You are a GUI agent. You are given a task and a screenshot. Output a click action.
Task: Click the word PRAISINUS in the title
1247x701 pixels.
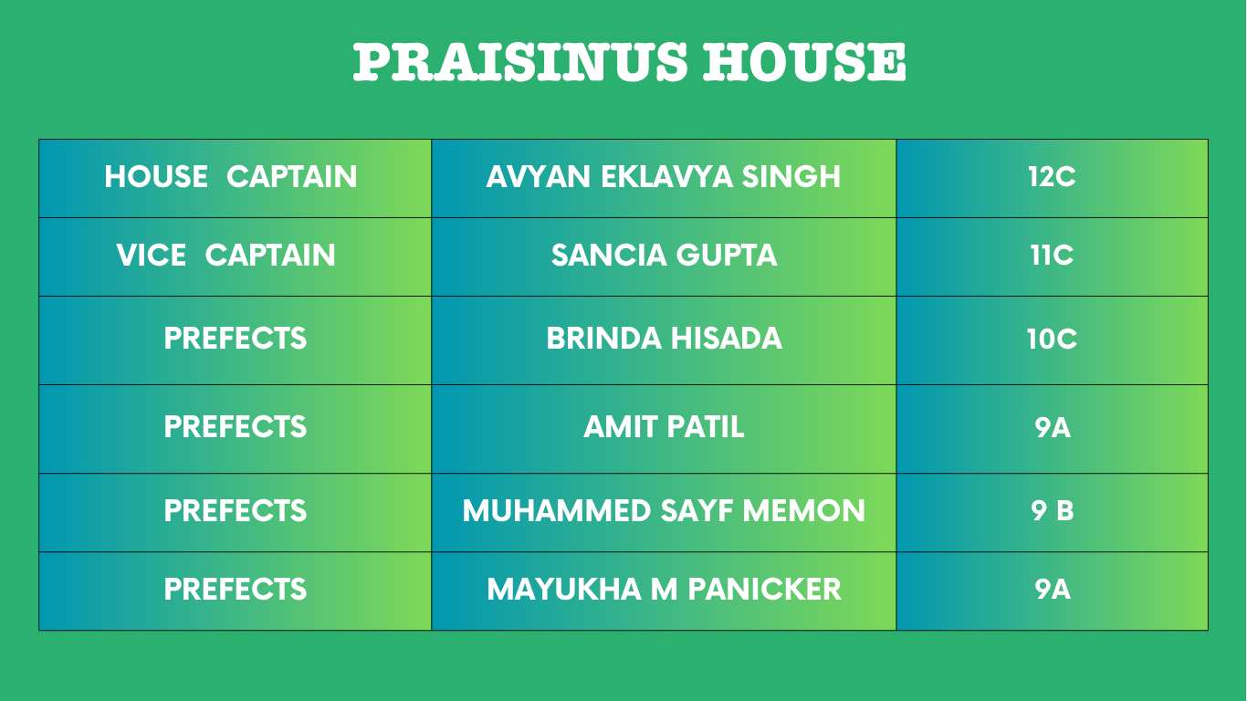click(x=520, y=62)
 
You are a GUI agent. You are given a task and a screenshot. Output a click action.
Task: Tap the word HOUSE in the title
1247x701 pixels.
click(x=805, y=62)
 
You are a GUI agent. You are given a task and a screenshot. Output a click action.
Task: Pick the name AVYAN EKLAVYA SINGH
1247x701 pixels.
click(x=663, y=177)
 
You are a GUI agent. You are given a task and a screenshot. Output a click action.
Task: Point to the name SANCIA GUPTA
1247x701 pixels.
click(x=665, y=256)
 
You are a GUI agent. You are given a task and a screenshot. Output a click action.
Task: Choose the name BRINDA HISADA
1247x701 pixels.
click(x=665, y=339)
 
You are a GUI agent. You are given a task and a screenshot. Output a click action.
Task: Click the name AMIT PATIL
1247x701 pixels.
click(x=664, y=427)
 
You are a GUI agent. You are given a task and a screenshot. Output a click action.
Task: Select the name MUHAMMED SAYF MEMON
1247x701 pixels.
click(x=664, y=511)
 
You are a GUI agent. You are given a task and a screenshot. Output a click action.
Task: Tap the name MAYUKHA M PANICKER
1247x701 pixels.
click(x=665, y=590)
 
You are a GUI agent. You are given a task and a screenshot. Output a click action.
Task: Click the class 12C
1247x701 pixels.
click(x=1053, y=177)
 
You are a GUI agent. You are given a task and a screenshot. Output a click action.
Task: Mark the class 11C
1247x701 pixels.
click(x=1053, y=256)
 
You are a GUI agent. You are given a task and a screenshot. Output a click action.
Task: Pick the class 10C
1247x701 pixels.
click(x=1053, y=339)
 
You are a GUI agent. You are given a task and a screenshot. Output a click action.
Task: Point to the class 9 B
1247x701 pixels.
click(x=1053, y=511)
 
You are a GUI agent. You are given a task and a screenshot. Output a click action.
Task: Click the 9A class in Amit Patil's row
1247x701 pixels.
click(x=1053, y=427)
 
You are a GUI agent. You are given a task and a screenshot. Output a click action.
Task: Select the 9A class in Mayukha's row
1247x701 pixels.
click(x=1053, y=590)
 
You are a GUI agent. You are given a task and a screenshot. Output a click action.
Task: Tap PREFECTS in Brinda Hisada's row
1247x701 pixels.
click(x=235, y=339)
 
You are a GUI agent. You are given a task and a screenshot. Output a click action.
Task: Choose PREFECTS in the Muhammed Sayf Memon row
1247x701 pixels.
click(x=235, y=511)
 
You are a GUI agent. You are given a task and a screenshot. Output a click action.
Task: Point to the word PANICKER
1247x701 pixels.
click(x=764, y=590)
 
